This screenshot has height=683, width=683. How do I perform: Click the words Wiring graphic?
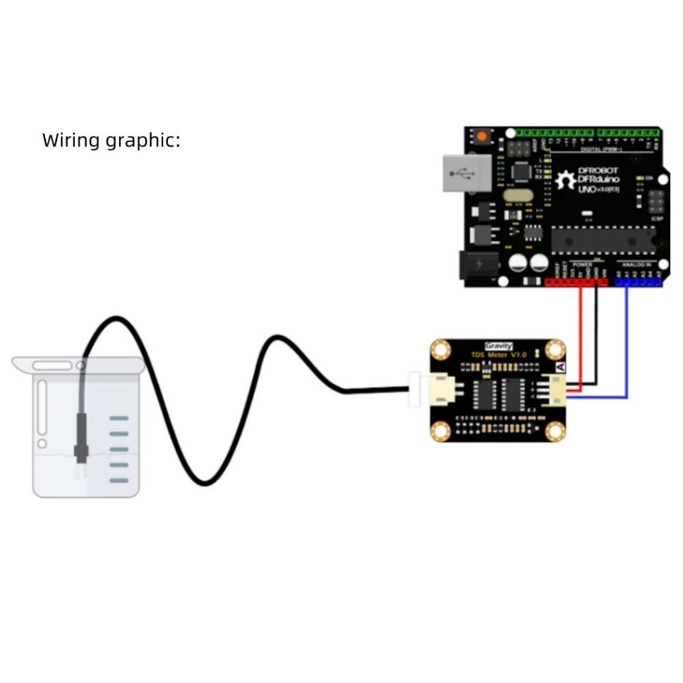tap(111, 141)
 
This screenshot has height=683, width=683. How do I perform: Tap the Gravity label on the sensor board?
tap(498, 346)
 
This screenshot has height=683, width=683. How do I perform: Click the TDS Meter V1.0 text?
tap(499, 355)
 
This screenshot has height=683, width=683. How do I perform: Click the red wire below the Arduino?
tap(581, 328)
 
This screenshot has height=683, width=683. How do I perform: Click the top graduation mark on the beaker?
tap(119, 418)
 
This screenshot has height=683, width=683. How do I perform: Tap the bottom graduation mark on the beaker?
tap(119, 481)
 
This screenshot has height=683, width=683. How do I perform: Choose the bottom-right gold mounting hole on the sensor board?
tap(555, 430)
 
